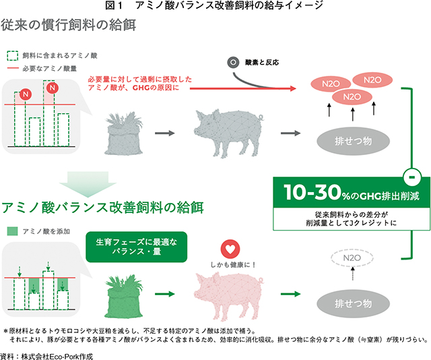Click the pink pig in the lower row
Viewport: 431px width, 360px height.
tap(228, 297)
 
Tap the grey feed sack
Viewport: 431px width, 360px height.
tap(124, 134)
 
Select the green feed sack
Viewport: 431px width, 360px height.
tap(124, 297)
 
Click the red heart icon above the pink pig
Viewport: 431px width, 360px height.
tap(230, 249)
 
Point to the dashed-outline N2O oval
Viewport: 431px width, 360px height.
tap(352, 258)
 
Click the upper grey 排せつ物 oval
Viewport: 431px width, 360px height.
tap(353, 141)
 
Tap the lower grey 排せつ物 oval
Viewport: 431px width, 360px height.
tap(353, 303)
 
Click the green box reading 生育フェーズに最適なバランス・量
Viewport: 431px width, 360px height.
tap(137, 247)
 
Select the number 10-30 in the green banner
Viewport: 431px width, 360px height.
tap(312, 192)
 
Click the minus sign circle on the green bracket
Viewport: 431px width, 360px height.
tap(411, 177)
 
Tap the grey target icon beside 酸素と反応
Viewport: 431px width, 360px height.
tap(234, 63)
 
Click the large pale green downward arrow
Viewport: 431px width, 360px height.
tap(88, 184)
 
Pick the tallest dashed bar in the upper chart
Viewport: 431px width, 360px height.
tap(49, 113)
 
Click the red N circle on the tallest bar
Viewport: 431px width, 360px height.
tap(53, 88)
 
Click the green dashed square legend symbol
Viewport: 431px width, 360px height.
tap(12, 55)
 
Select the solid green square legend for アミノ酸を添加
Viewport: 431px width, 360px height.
tap(12, 231)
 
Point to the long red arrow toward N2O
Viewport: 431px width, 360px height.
tap(243, 88)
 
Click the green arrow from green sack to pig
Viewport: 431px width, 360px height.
tap(165, 294)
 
